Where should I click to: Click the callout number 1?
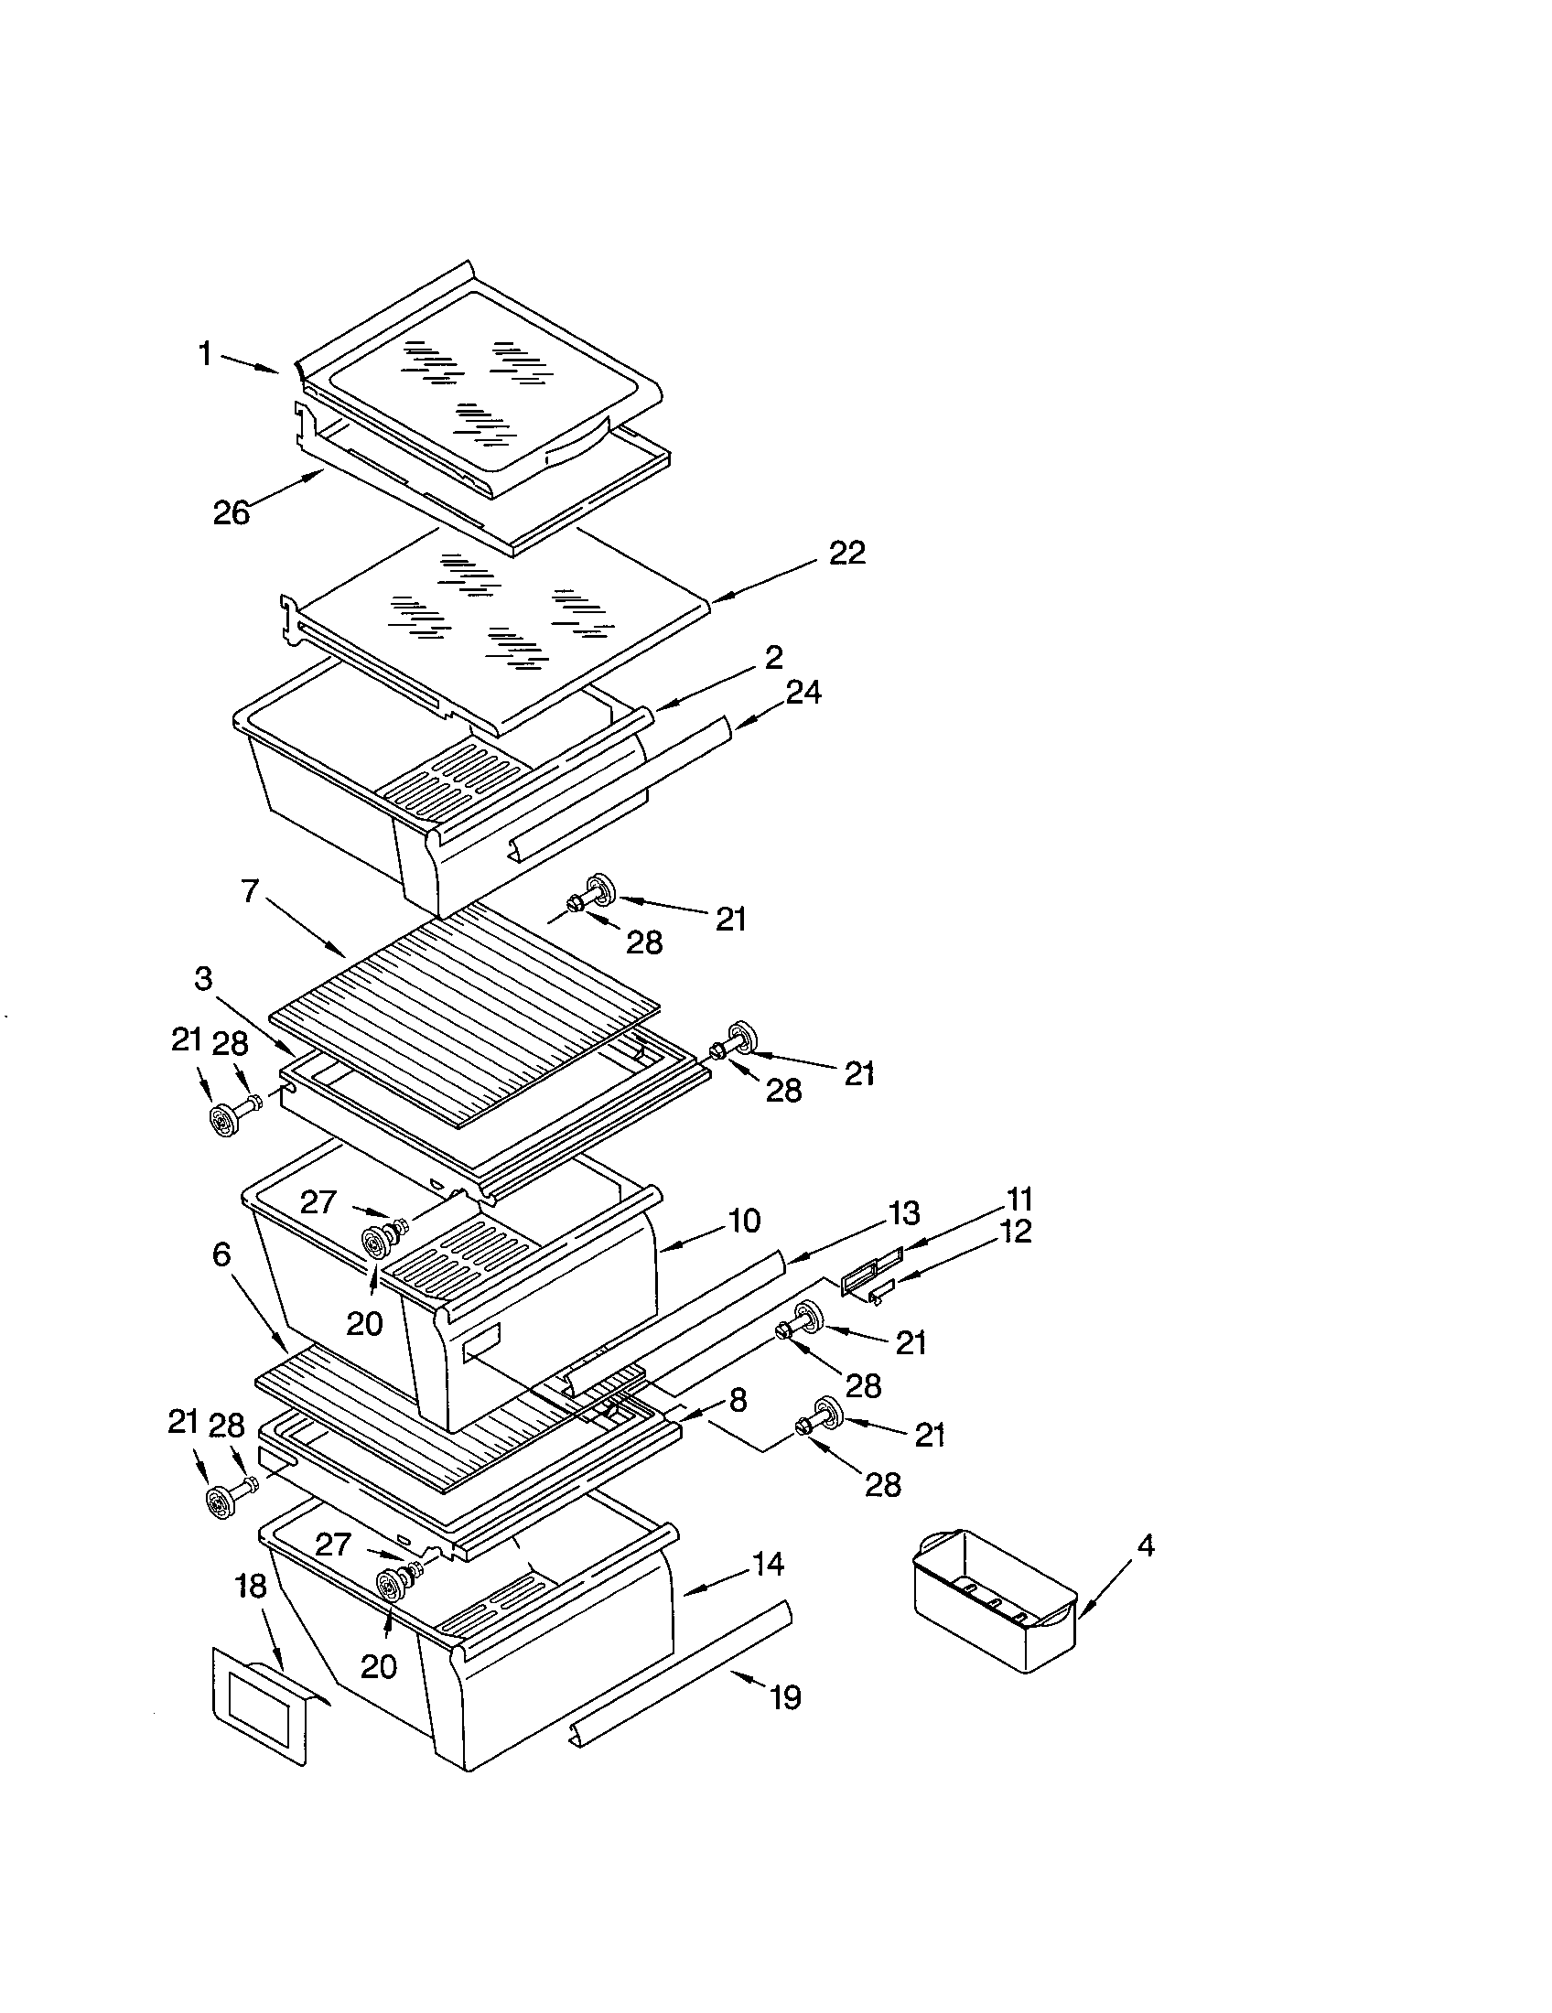(x=206, y=353)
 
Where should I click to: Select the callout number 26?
(x=232, y=512)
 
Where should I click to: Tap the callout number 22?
(x=847, y=553)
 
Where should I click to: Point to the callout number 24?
(x=803, y=693)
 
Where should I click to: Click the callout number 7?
(x=251, y=891)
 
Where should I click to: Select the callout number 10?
(x=744, y=1221)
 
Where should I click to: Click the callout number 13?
(x=904, y=1214)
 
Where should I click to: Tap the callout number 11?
(x=1019, y=1200)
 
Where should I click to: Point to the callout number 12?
(x=1014, y=1233)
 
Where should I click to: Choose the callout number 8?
(x=738, y=1401)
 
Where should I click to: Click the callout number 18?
(x=251, y=1586)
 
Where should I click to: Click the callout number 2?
(x=773, y=657)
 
